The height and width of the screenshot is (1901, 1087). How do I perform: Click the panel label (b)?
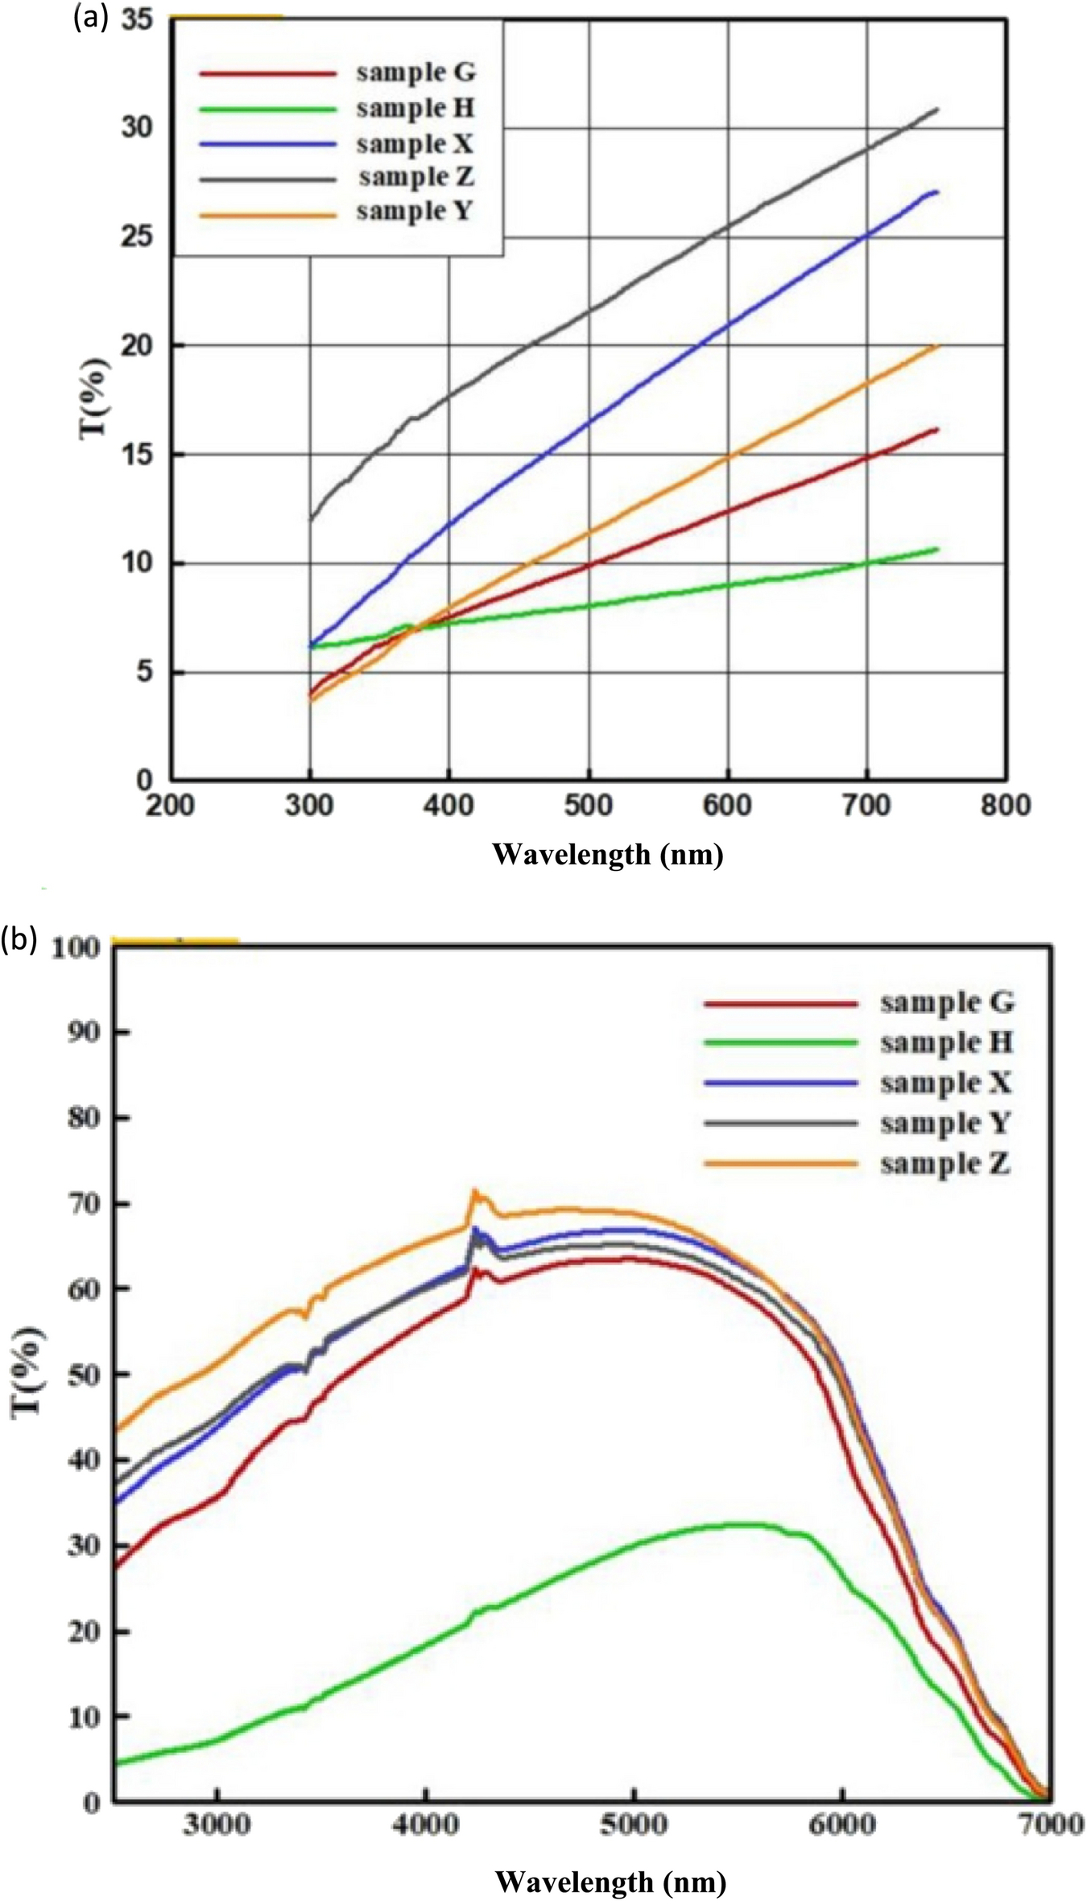pos(19,939)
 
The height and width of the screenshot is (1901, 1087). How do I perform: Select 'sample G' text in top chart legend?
pos(415,72)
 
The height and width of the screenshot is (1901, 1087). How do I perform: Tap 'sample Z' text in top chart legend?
pos(415,176)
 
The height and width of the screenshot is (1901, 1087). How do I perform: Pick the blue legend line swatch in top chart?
pos(267,143)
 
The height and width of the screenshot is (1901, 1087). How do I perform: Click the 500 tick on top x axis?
pos(589,806)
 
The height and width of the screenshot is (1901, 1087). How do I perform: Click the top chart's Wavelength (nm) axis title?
pos(608,854)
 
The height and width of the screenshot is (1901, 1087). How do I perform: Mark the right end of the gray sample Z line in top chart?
pos(937,109)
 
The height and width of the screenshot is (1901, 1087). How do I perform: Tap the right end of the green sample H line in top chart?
pos(937,549)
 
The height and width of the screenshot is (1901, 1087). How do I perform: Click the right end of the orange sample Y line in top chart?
pos(936,346)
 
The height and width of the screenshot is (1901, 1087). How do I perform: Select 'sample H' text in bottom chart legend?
pos(946,1043)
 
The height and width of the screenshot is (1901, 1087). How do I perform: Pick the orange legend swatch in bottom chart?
pos(779,1164)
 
